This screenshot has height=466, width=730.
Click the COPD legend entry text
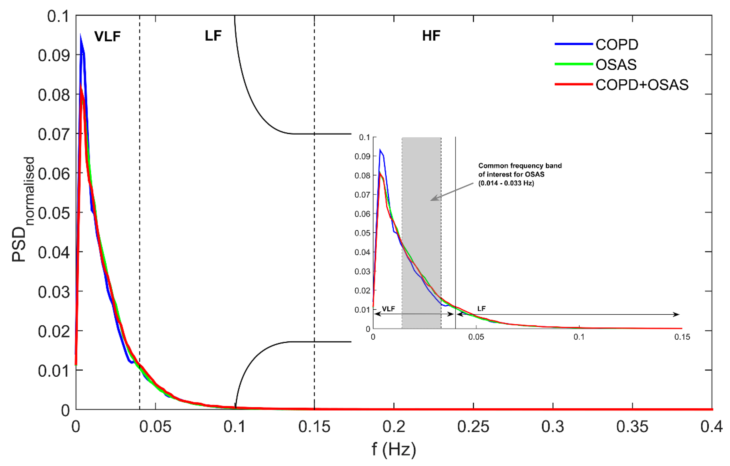tap(617, 45)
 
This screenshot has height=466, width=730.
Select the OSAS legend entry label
tap(616, 65)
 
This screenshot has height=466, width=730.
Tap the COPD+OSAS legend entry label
tap(642, 85)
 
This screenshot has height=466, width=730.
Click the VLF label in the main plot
tap(107, 36)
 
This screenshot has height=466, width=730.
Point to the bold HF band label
tap(431, 36)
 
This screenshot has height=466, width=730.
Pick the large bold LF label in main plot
tap(213, 36)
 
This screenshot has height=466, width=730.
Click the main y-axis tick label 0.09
tap(54, 56)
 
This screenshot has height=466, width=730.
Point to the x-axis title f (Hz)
tap(394, 449)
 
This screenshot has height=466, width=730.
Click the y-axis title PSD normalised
tap(23, 209)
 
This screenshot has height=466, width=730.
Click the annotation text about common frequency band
tap(520, 174)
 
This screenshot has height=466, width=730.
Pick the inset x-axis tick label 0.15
tap(682, 337)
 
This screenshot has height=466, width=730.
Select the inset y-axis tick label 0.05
tap(362, 233)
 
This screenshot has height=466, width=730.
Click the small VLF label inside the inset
tap(388, 309)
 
